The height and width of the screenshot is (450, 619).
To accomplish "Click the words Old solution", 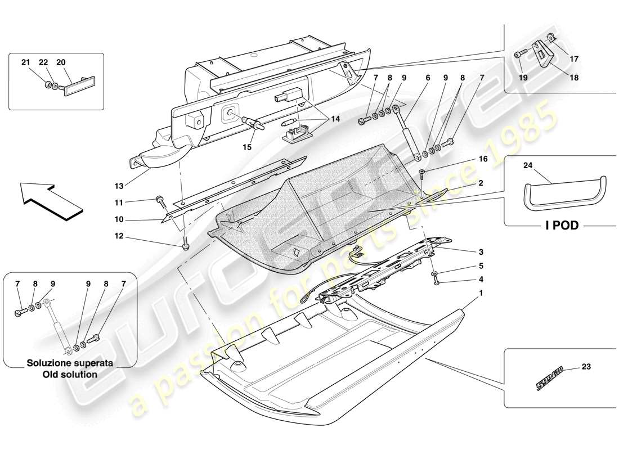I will tap(70, 374).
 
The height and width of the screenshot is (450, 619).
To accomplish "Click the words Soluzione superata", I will tap(70, 363).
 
